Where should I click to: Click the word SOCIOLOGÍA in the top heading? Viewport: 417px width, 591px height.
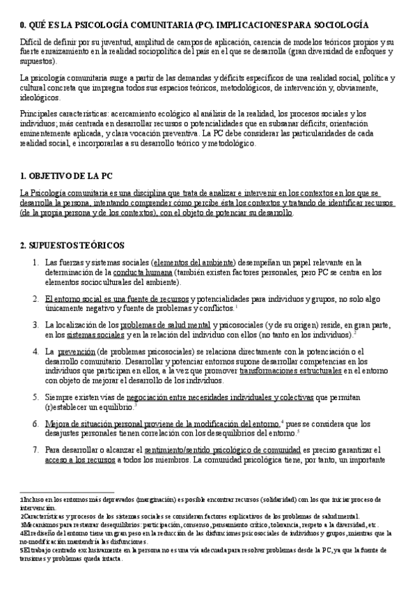(359, 24)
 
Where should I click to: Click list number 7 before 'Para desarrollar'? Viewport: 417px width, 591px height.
(36, 450)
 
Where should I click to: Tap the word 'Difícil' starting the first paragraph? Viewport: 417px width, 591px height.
(33, 42)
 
